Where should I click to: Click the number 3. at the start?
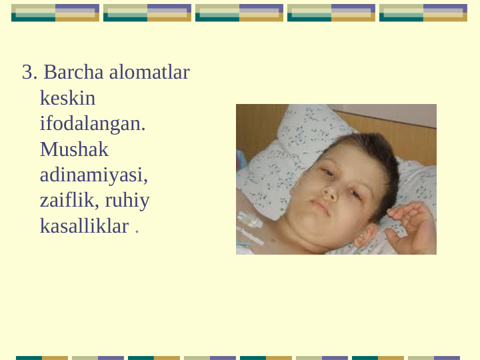point(30,73)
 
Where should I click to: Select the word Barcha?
point(73,73)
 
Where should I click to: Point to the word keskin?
point(67,99)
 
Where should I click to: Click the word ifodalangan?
point(92,124)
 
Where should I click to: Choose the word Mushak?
point(74,149)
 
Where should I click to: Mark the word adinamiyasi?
point(93,175)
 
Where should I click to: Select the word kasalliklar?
point(84,227)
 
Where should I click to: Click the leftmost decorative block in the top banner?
point(55,13)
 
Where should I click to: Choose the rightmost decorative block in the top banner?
point(423,13)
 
